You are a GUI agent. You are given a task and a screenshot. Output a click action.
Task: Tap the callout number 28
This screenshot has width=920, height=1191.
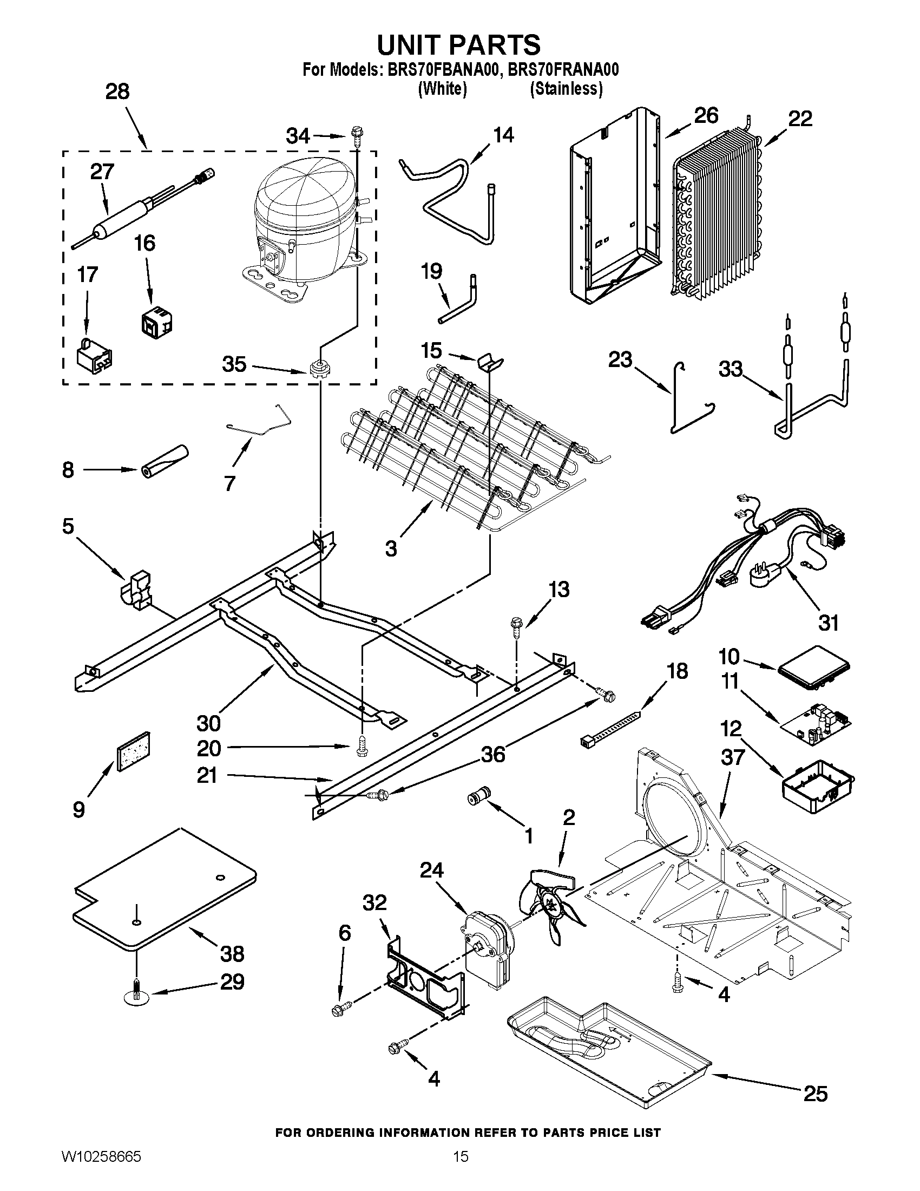[117, 91]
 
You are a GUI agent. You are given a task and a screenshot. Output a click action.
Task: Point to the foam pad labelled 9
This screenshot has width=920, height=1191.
[133, 752]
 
